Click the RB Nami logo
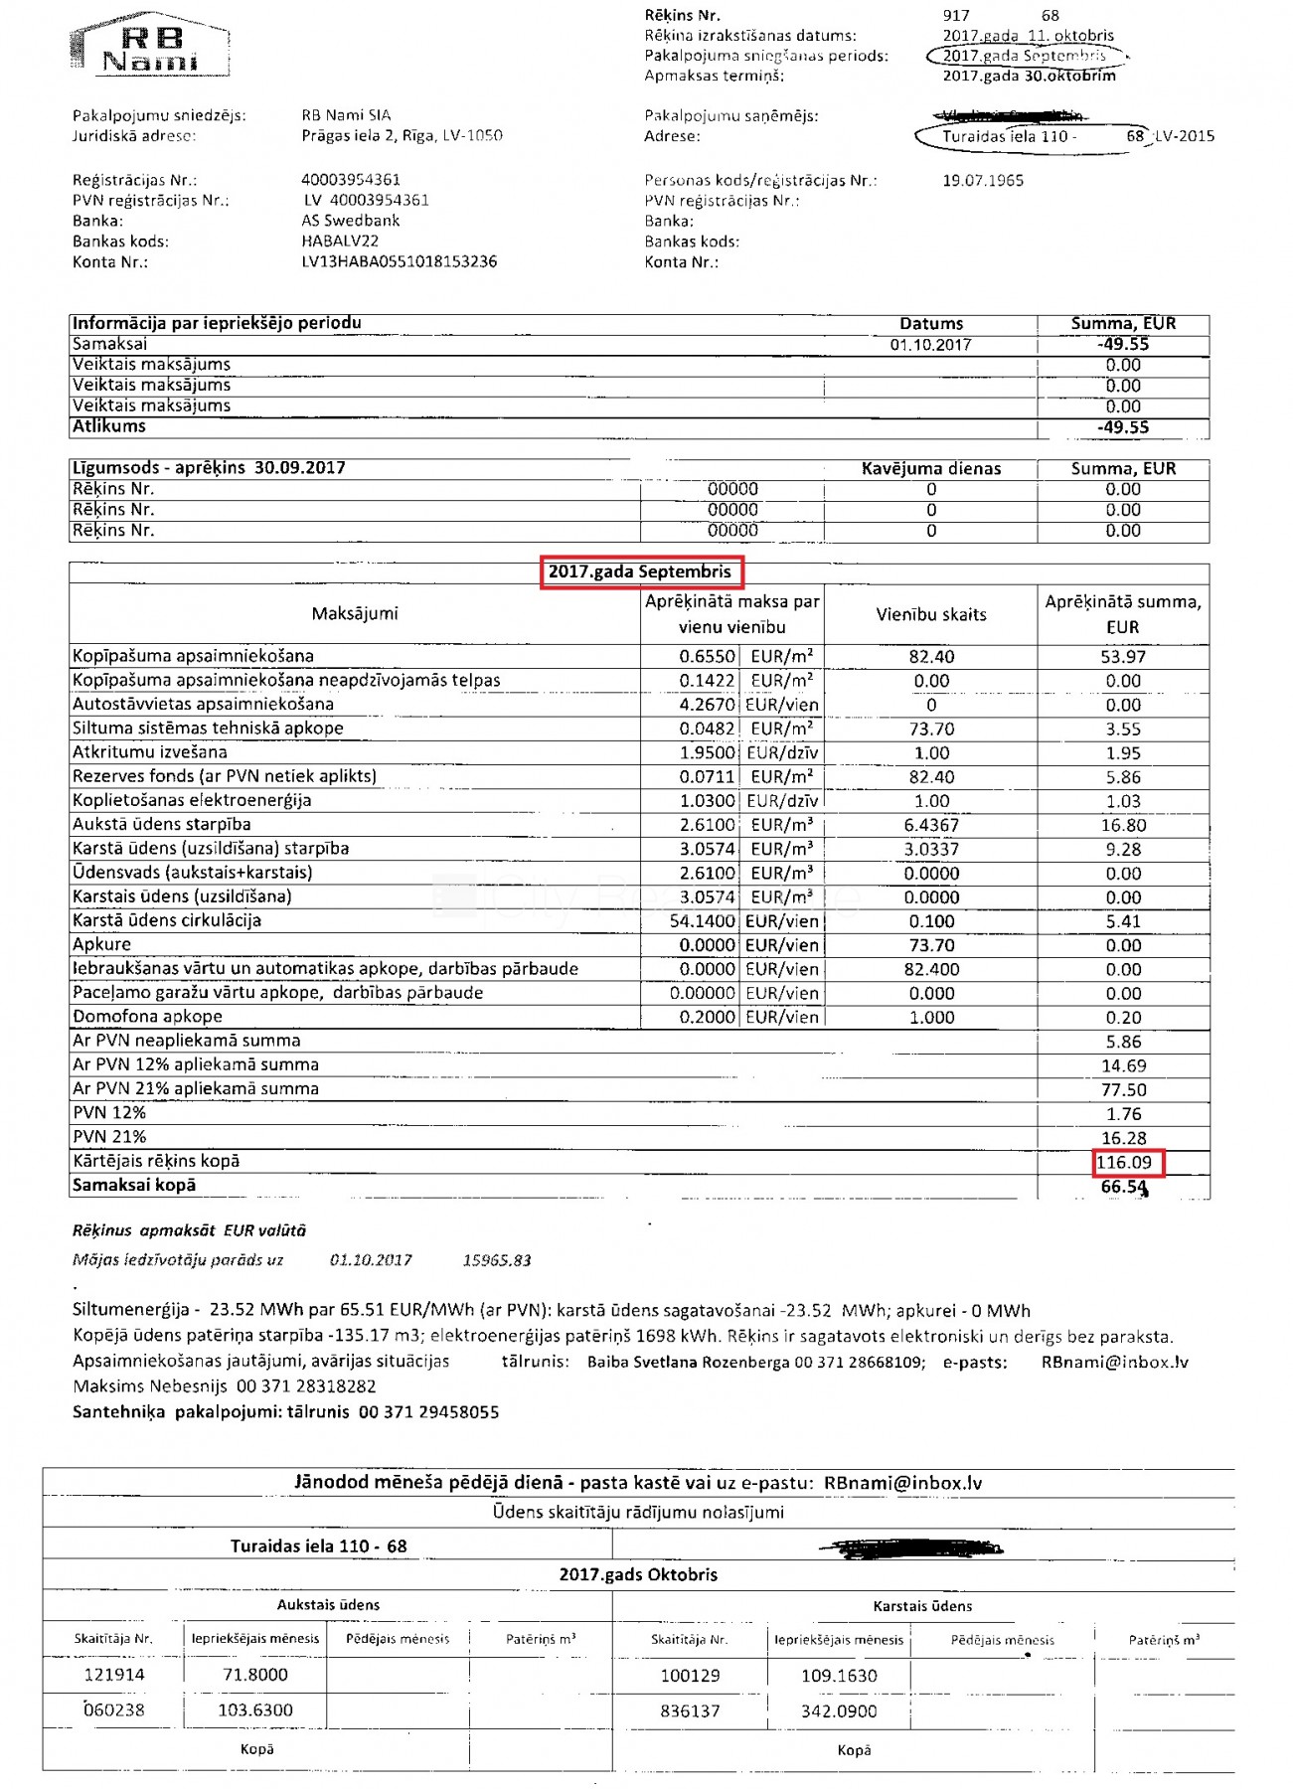click(150, 46)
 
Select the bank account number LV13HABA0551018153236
click(399, 262)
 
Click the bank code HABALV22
click(340, 242)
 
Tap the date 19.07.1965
click(982, 181)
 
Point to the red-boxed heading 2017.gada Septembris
click(640, 572)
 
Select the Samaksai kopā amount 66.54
click(1123, 1187)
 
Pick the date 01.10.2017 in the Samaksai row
click(930, 345)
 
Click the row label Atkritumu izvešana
click(149, 752)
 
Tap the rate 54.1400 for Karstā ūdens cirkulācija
click(703, 921)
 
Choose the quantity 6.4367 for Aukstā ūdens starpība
click(931, 825)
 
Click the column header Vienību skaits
click(931, 615)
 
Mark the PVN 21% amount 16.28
click(1123, 1139)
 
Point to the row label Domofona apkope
click(147, 1017)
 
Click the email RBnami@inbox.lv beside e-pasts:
click(1114, 1363)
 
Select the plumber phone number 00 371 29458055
click(428, 1412)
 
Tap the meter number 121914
click(114, 1675)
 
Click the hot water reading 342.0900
click(839, 1711)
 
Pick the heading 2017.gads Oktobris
click(638, 1574)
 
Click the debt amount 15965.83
click(497, 1260)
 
